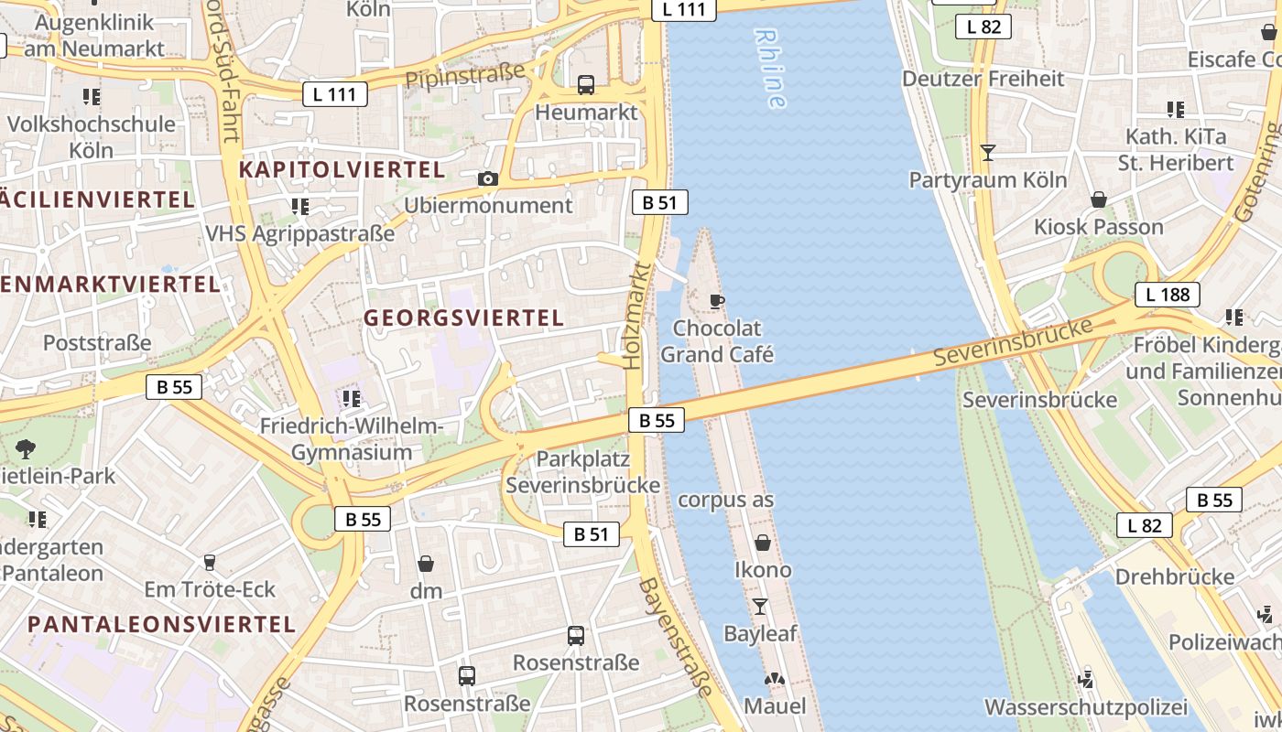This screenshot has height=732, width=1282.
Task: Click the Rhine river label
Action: (x=770, y=69)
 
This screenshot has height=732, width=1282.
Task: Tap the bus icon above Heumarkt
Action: (x=586, y=85)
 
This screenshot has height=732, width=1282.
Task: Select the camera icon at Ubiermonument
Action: (x=488, y=178)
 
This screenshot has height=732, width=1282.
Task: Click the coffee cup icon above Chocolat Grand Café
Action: (x=717, y=300)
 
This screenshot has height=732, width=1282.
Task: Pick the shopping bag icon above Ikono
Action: (x=762, y=543)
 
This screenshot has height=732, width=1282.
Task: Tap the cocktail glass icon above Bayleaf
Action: (x=760, y=606)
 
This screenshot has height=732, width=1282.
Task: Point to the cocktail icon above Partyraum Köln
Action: (x=987, y=152)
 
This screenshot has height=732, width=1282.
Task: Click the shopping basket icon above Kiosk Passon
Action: (x=1099, y=199)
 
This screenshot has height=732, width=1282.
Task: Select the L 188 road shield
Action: (x=1168, y=295)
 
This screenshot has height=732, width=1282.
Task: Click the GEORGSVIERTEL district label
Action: (x=463, y=318)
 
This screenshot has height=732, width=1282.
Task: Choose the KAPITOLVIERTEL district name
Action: (x=342, y=169)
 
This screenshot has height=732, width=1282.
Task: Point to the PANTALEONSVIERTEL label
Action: (x=161, y=625)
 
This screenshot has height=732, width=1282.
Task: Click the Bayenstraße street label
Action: (x=676, y=637)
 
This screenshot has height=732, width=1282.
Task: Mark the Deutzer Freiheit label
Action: (x=983, y=79)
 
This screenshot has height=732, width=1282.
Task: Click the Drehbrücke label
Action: (x=1174, y=577)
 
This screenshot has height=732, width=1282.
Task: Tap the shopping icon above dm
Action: (x=426, y=564)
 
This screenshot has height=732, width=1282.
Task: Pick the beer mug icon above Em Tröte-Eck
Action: (x=210, y=562)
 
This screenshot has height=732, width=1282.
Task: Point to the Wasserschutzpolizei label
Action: (x=1085, y=707)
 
